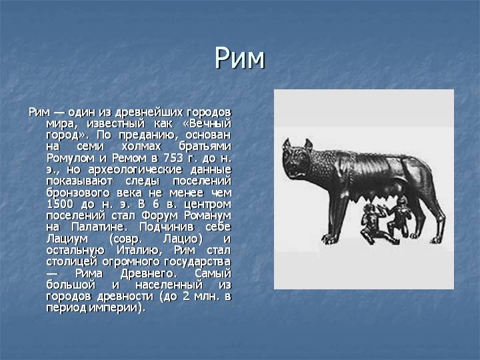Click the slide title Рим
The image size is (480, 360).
[x=239, y=58]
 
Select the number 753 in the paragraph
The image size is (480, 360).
[x=173, y=158]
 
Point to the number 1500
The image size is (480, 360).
[x=60, y=204]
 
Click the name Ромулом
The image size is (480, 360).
[x=71, y=158]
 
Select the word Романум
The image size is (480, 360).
[x=207, y=216]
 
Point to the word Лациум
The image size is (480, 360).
[x=67, y=239]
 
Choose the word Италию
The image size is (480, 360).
[x=139, y=251]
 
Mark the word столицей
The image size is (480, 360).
[x=72, y=262]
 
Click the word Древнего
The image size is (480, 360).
[x=148, y=274]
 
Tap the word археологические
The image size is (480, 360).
[x=135, y=169]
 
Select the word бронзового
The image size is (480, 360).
[x=78, y=193]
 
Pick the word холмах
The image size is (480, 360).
[x=141, y=146]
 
